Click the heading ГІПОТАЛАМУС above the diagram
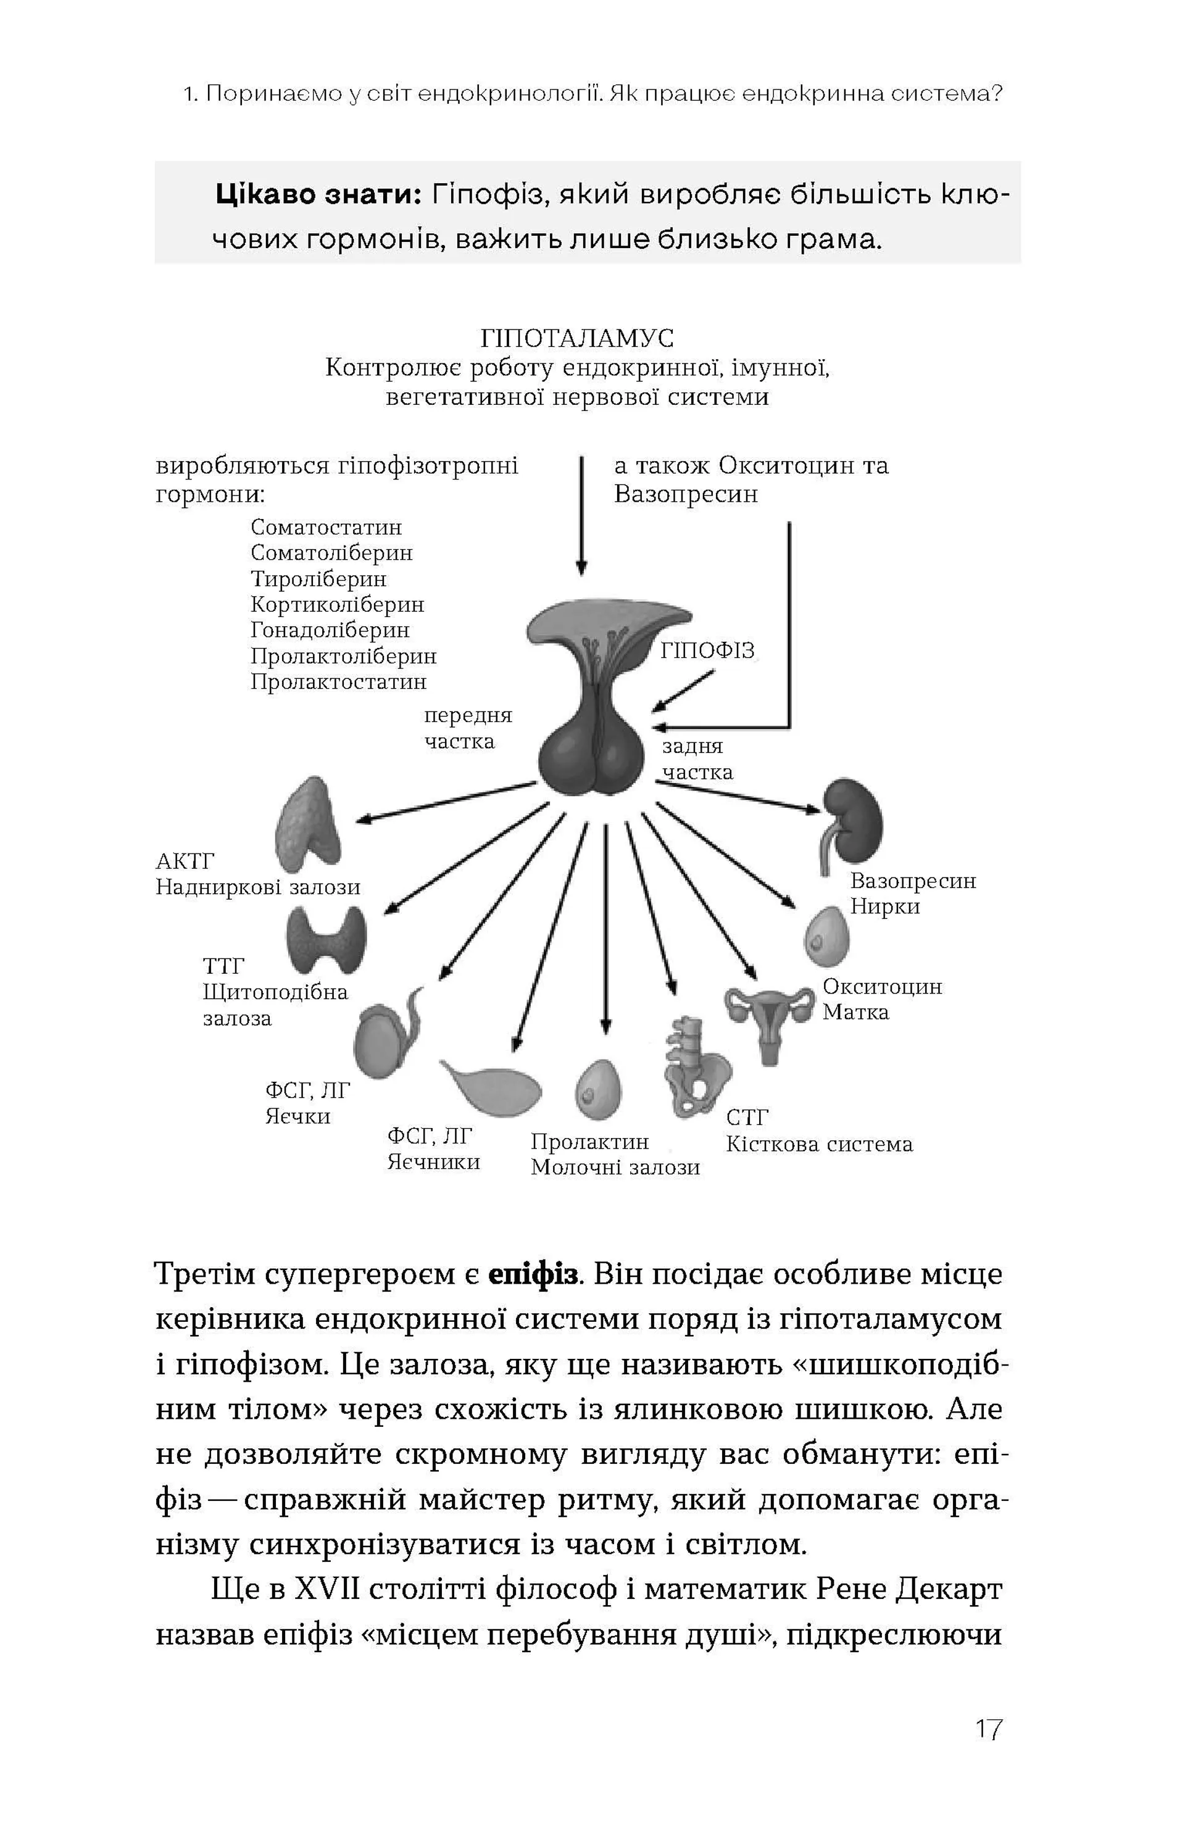[x=577, y=338]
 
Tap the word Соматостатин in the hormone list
[x=326, y=527]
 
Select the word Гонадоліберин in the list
[x=330, y=629]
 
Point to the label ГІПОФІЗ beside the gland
[x=707, y=650]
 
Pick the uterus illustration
[x=769, y=1019]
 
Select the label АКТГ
[x=185, y=861]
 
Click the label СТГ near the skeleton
[x=747, y=1118]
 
